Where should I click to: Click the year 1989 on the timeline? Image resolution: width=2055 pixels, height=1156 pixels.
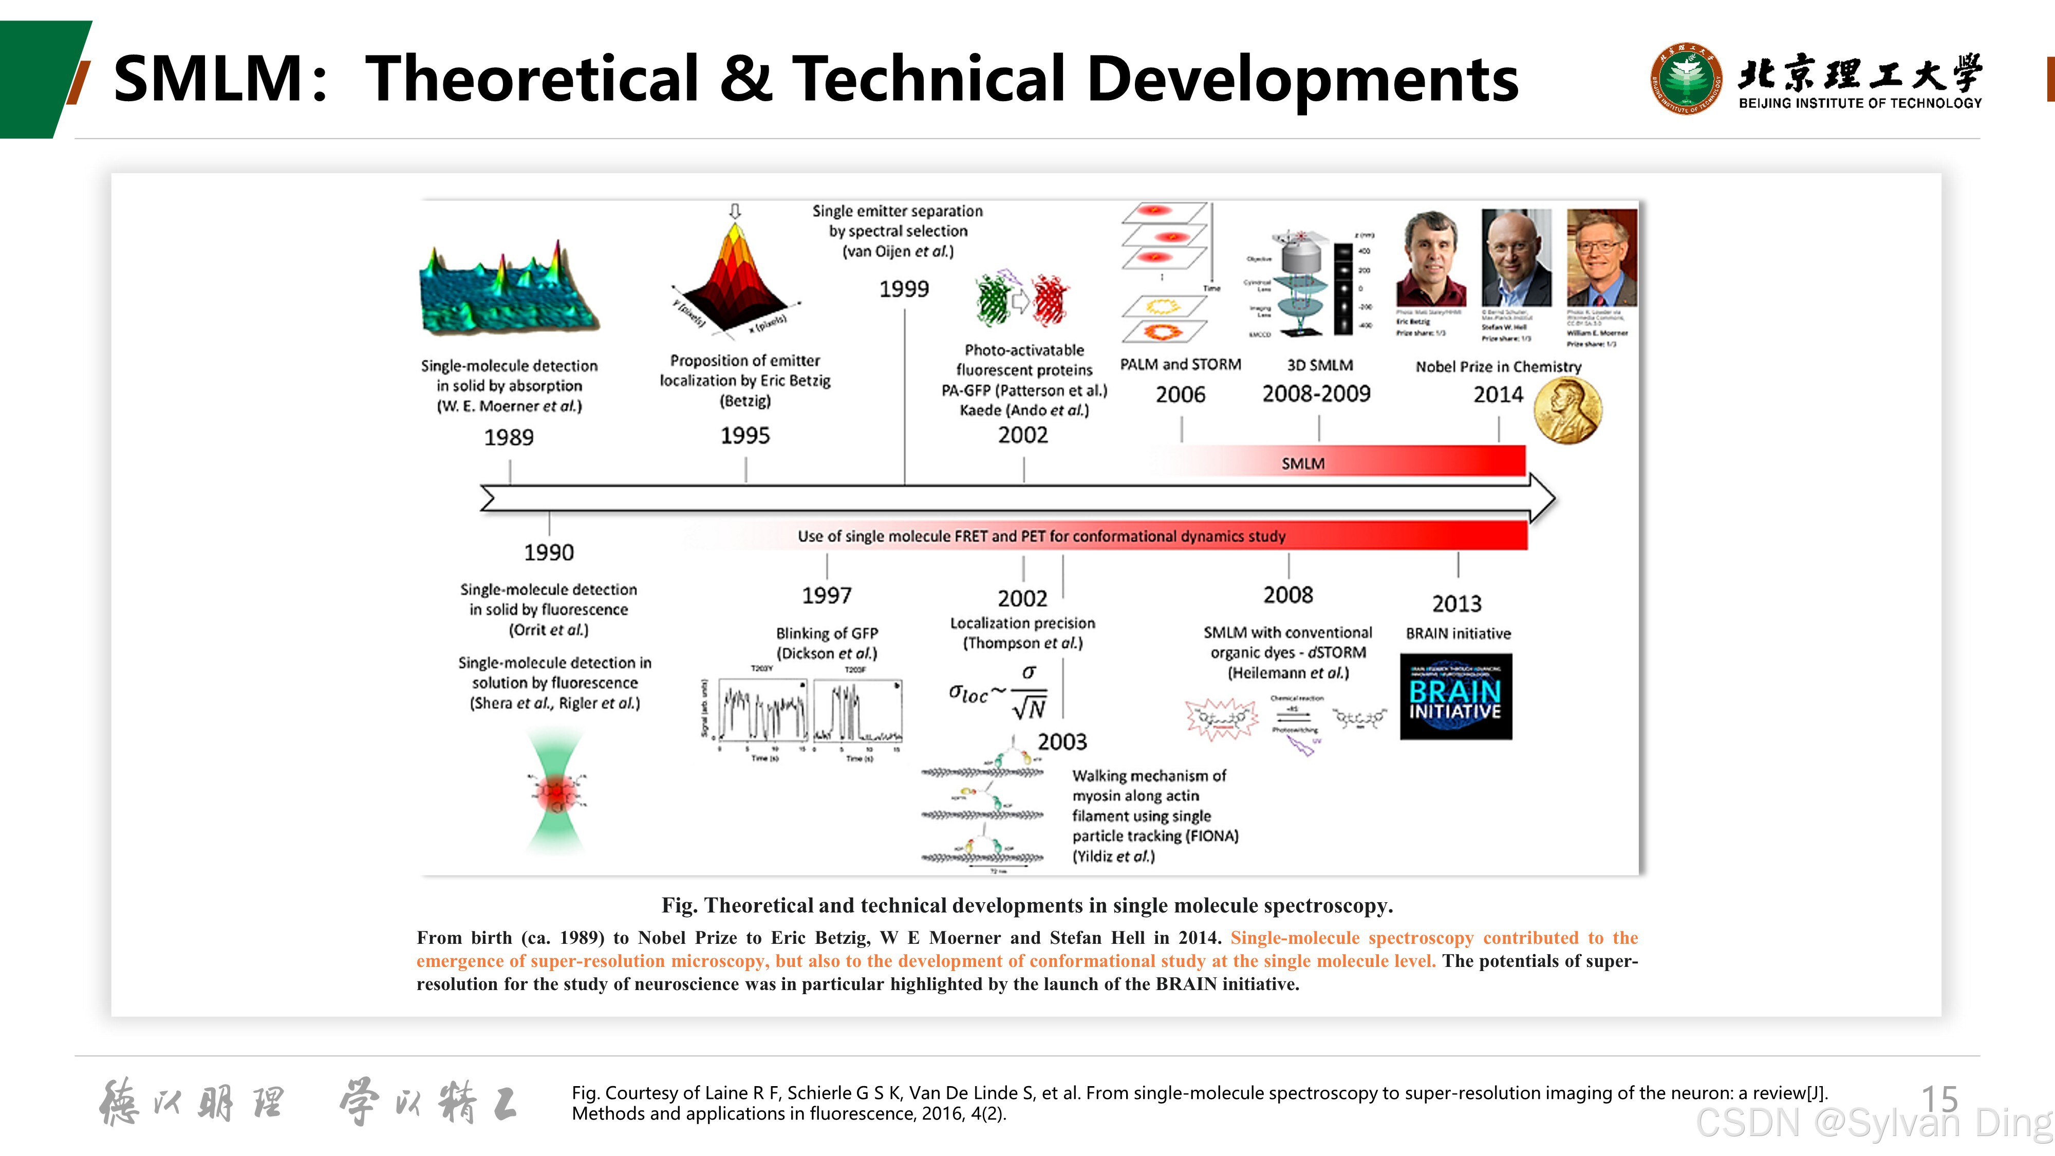tap(509, 437)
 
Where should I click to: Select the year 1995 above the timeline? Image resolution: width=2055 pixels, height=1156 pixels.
tap(745, 436)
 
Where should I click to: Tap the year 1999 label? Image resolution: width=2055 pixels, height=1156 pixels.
tap(904, 289)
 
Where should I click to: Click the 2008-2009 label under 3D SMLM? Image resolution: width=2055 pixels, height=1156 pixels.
tap(1316, 394)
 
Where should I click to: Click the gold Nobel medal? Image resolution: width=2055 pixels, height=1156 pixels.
tap(1568, 410)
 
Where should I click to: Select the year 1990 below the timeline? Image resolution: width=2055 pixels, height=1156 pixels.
tap(549, 552)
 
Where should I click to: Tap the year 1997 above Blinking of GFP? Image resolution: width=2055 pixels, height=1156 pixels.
tap(827, 595)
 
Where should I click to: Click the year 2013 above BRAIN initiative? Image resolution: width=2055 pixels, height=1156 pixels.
tap(1456, 604)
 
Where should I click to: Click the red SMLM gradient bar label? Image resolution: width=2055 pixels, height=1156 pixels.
tap(1303, 463)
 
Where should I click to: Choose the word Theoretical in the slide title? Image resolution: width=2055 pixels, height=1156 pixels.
tap(532, 79)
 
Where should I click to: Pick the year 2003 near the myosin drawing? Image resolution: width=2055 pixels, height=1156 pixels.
tap(1062, 742)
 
